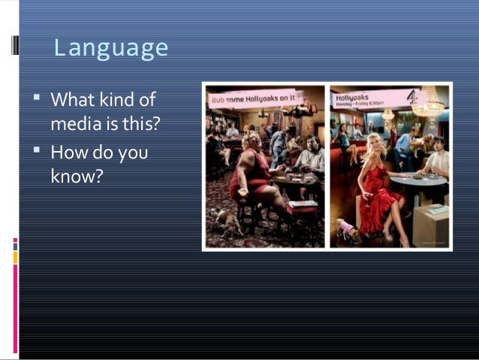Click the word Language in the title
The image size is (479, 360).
[111, 49]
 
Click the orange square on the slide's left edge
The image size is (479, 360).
[14, 258]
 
